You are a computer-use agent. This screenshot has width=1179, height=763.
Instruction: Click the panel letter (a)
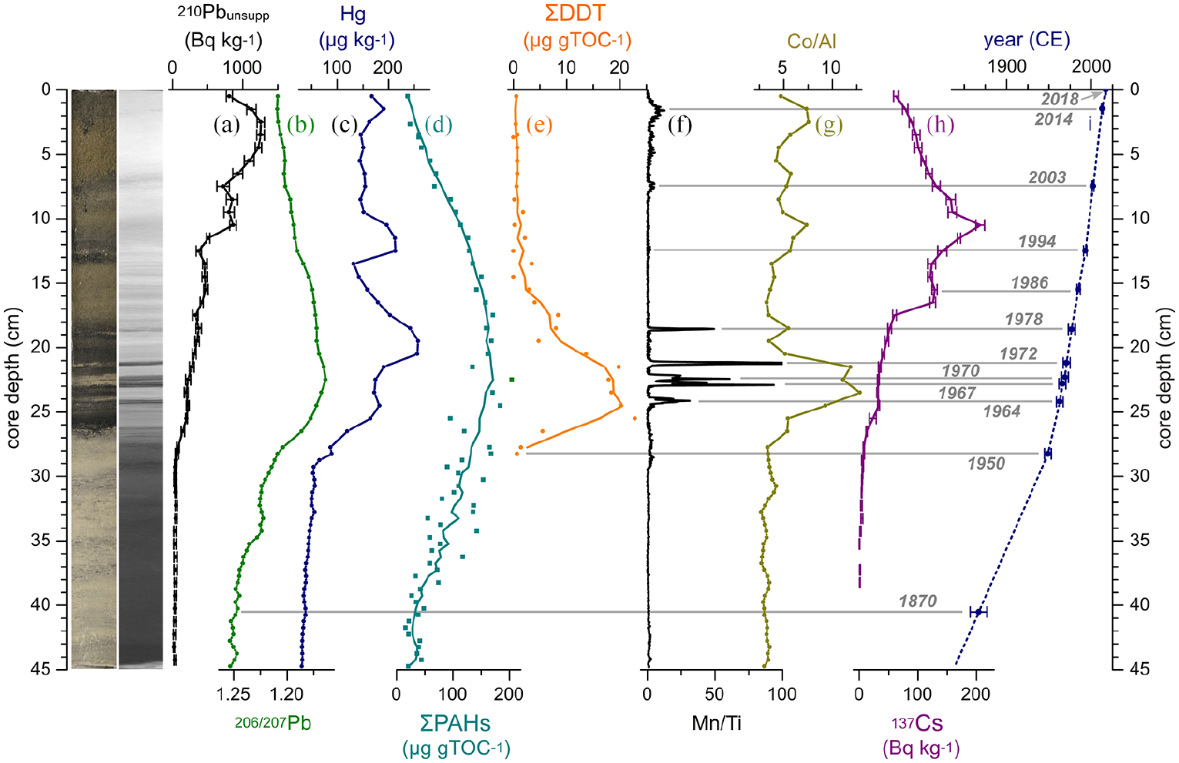(227, 125)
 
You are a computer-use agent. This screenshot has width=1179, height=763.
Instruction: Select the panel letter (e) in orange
(540, 125)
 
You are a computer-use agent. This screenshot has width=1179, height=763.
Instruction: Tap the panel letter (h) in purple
(940, 125)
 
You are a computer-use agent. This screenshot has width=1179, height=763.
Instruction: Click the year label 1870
(918, 601)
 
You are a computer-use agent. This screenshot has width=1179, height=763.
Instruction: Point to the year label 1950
(986, 463)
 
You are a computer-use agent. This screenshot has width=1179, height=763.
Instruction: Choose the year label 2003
(1047, 177)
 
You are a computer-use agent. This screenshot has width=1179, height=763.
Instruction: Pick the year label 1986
(1030, 283)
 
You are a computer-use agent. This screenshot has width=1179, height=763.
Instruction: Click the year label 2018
(1060, 99)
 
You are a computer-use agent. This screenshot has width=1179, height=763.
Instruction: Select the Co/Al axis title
(812, 41)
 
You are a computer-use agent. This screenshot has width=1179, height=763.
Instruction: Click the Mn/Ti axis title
(716, 723)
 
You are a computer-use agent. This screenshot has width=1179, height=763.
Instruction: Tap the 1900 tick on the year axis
(1007, 67)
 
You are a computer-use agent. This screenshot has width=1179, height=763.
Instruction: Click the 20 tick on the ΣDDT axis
(619, 67)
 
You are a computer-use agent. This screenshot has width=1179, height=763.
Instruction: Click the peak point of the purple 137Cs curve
(978, 226)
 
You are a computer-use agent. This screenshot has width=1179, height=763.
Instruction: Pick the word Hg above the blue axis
(353, 14)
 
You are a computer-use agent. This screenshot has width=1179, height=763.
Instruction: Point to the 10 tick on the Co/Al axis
(832, 67)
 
